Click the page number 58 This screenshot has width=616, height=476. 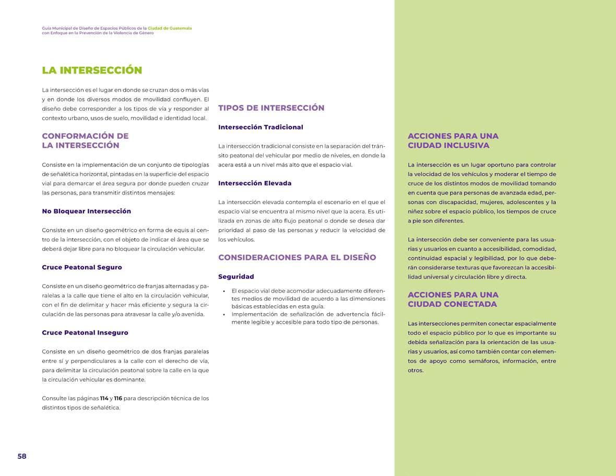click(22, 456)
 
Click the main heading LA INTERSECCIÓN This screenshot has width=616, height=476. click(92, 70)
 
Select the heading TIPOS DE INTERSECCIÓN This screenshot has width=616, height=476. click(271, 108)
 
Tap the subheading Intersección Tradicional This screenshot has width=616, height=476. click(260, 127)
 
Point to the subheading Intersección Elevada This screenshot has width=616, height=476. click(255, 183)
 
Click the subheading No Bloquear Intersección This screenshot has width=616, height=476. click(87, 211)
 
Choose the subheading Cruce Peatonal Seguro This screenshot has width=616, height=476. click(82, 267)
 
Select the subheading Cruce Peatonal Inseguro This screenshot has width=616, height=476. click(85, 332)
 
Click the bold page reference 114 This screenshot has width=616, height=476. click(104, 398)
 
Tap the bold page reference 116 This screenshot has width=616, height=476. click(118, 398)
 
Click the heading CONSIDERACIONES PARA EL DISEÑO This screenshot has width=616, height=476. click(297, 257)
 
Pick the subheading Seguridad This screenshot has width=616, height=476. click(236, 277)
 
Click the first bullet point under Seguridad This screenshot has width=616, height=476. click(224, 291)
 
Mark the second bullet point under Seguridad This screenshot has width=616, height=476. click(224, 314)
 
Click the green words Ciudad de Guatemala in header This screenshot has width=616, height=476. click(170, 28)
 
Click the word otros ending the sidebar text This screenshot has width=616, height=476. click(415, 371)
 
